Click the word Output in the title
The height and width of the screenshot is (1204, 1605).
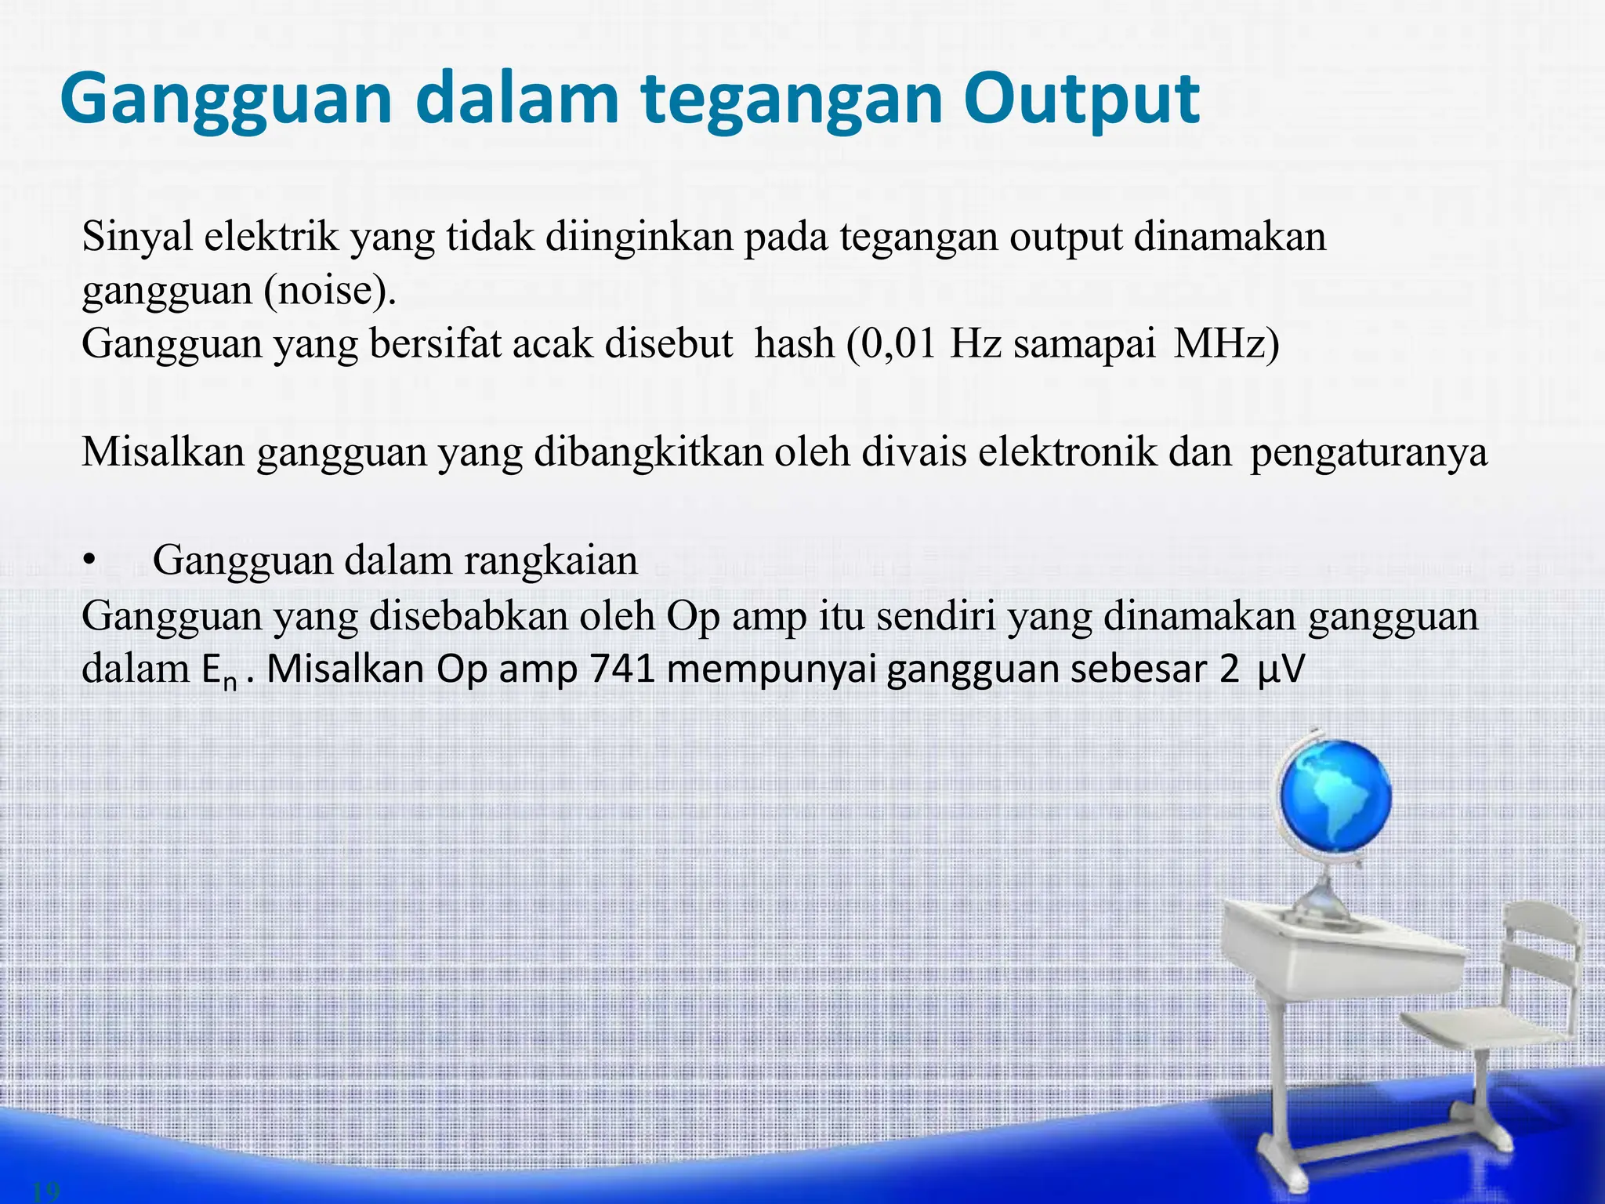[x=1081, y=100]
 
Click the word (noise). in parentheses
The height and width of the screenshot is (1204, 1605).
[x=330, y=291]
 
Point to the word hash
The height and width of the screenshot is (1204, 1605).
[x=794, y=343]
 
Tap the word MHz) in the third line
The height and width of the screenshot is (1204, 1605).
[x=1226, y=343]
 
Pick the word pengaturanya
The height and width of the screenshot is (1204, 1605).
[x=1368, y=453]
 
